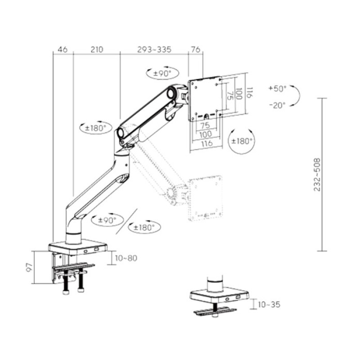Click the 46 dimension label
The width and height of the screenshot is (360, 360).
point(63,49)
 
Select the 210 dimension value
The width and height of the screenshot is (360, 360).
point(97,49)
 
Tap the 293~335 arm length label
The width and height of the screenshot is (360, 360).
point(154,49)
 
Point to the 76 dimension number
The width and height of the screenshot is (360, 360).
point(196,49)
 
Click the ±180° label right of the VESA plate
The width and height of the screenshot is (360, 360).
point(242,140)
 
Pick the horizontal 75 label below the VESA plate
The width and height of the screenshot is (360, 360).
point(205,125)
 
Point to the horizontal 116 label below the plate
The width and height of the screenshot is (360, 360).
point(206,144)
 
